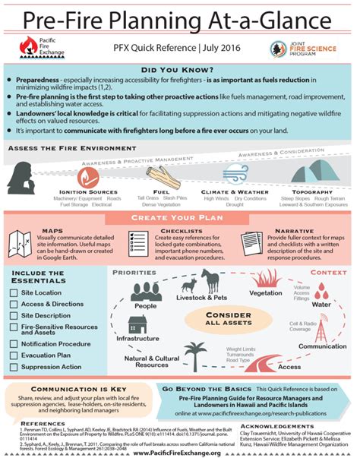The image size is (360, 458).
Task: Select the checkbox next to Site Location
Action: [x=14, y=292]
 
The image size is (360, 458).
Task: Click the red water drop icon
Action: [x=322, y=289]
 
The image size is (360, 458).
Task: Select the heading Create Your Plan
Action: [x=180, y=218]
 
